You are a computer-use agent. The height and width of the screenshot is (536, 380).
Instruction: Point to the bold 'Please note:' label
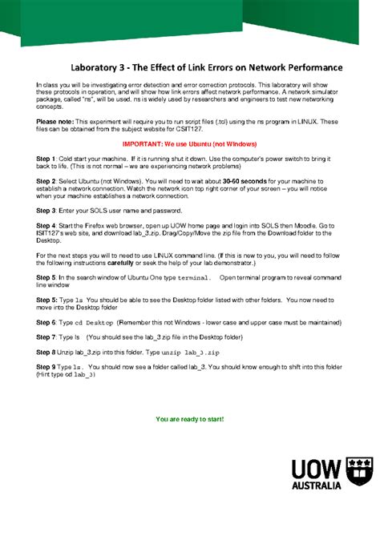point(55,121)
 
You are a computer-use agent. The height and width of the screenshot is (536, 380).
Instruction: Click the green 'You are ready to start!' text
point(189,419)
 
